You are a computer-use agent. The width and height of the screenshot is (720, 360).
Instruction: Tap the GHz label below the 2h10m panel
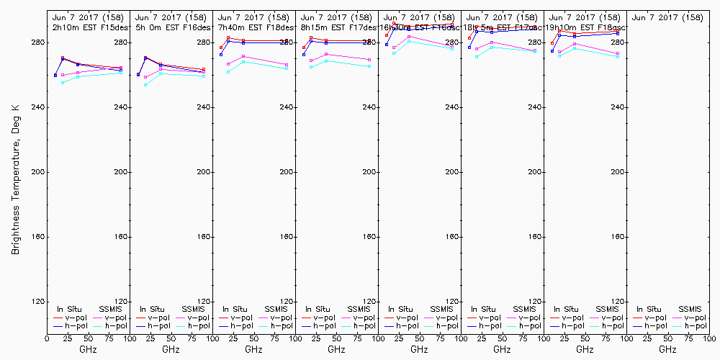click(x=88, y=349)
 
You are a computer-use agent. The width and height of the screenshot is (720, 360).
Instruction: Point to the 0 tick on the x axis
click(x=47, y=337)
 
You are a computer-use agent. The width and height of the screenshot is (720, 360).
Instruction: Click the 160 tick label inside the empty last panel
click(x=618, y=237)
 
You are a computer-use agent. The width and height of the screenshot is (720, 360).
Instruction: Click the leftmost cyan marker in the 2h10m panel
click(x=63, y=83)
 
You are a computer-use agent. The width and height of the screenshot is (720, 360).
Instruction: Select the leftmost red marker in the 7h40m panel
click(x=221, y=48)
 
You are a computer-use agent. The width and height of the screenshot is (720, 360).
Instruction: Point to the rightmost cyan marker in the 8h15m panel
click(x=369, y=66)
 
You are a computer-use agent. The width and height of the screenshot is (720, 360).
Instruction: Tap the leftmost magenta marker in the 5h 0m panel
click(x=145, y=77)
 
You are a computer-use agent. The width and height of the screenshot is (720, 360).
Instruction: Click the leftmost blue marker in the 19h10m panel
click(x=552, y=50)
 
